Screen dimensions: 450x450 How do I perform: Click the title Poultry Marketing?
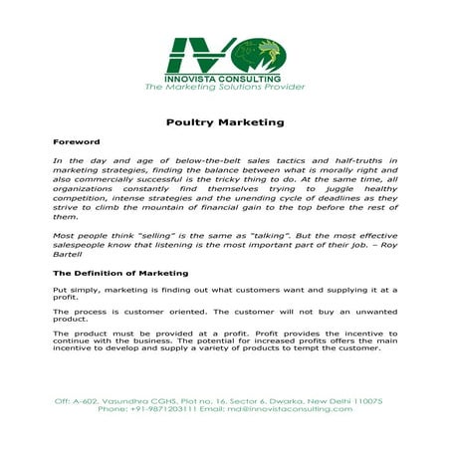225,122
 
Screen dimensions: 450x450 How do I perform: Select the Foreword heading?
76,142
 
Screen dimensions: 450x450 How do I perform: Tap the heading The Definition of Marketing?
119,272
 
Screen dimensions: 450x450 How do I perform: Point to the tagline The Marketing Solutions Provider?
225,88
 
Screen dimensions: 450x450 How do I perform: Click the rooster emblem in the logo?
266,53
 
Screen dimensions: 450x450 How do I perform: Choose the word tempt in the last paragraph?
315,348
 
